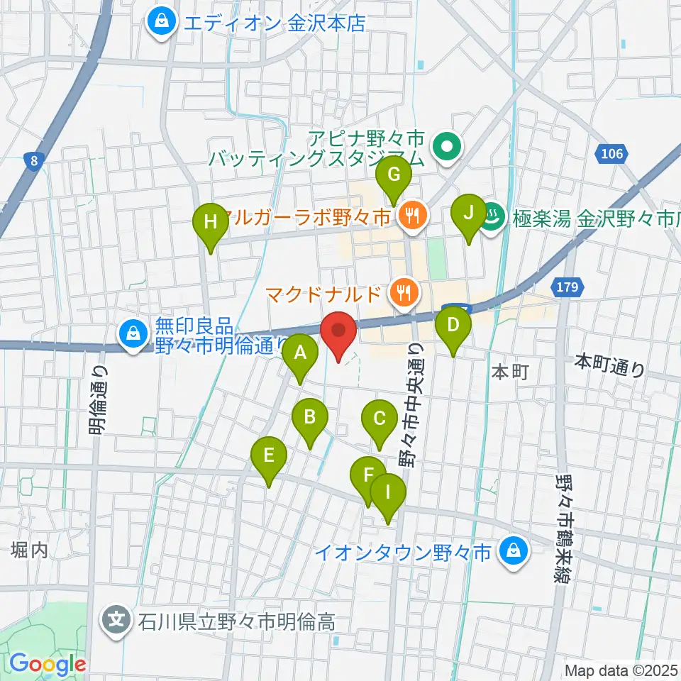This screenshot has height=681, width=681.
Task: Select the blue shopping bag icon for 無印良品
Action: [x=133, y=331]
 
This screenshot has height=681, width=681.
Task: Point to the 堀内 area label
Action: [x=30, y=550]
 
